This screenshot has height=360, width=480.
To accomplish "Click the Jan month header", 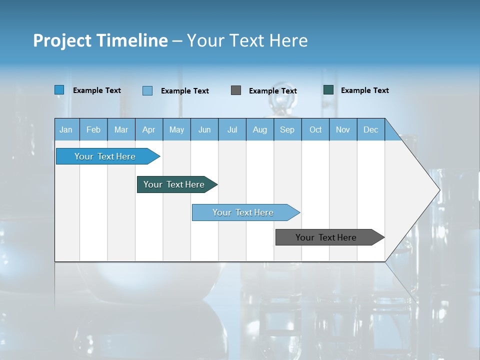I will (66, 129).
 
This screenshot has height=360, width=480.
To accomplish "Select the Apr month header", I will (148, 129).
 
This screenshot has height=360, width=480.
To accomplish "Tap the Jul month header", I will (232, 129).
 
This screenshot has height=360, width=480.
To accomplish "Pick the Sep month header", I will (287, 129).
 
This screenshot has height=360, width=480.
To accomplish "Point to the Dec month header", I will (370, 129).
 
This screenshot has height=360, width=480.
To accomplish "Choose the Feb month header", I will (93, 129).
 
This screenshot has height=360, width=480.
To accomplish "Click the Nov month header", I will (343, 129).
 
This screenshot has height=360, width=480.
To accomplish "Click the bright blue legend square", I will (59, 90).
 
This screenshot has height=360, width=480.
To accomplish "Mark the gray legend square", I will (236, 90).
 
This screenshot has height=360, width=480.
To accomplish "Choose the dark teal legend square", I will (328, 90).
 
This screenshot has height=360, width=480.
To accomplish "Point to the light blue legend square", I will (147, 90).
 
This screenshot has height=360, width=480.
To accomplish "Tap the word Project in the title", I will (61, 40).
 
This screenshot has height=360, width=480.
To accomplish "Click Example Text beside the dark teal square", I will (364, 90).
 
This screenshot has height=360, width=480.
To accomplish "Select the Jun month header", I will (204, 129).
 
